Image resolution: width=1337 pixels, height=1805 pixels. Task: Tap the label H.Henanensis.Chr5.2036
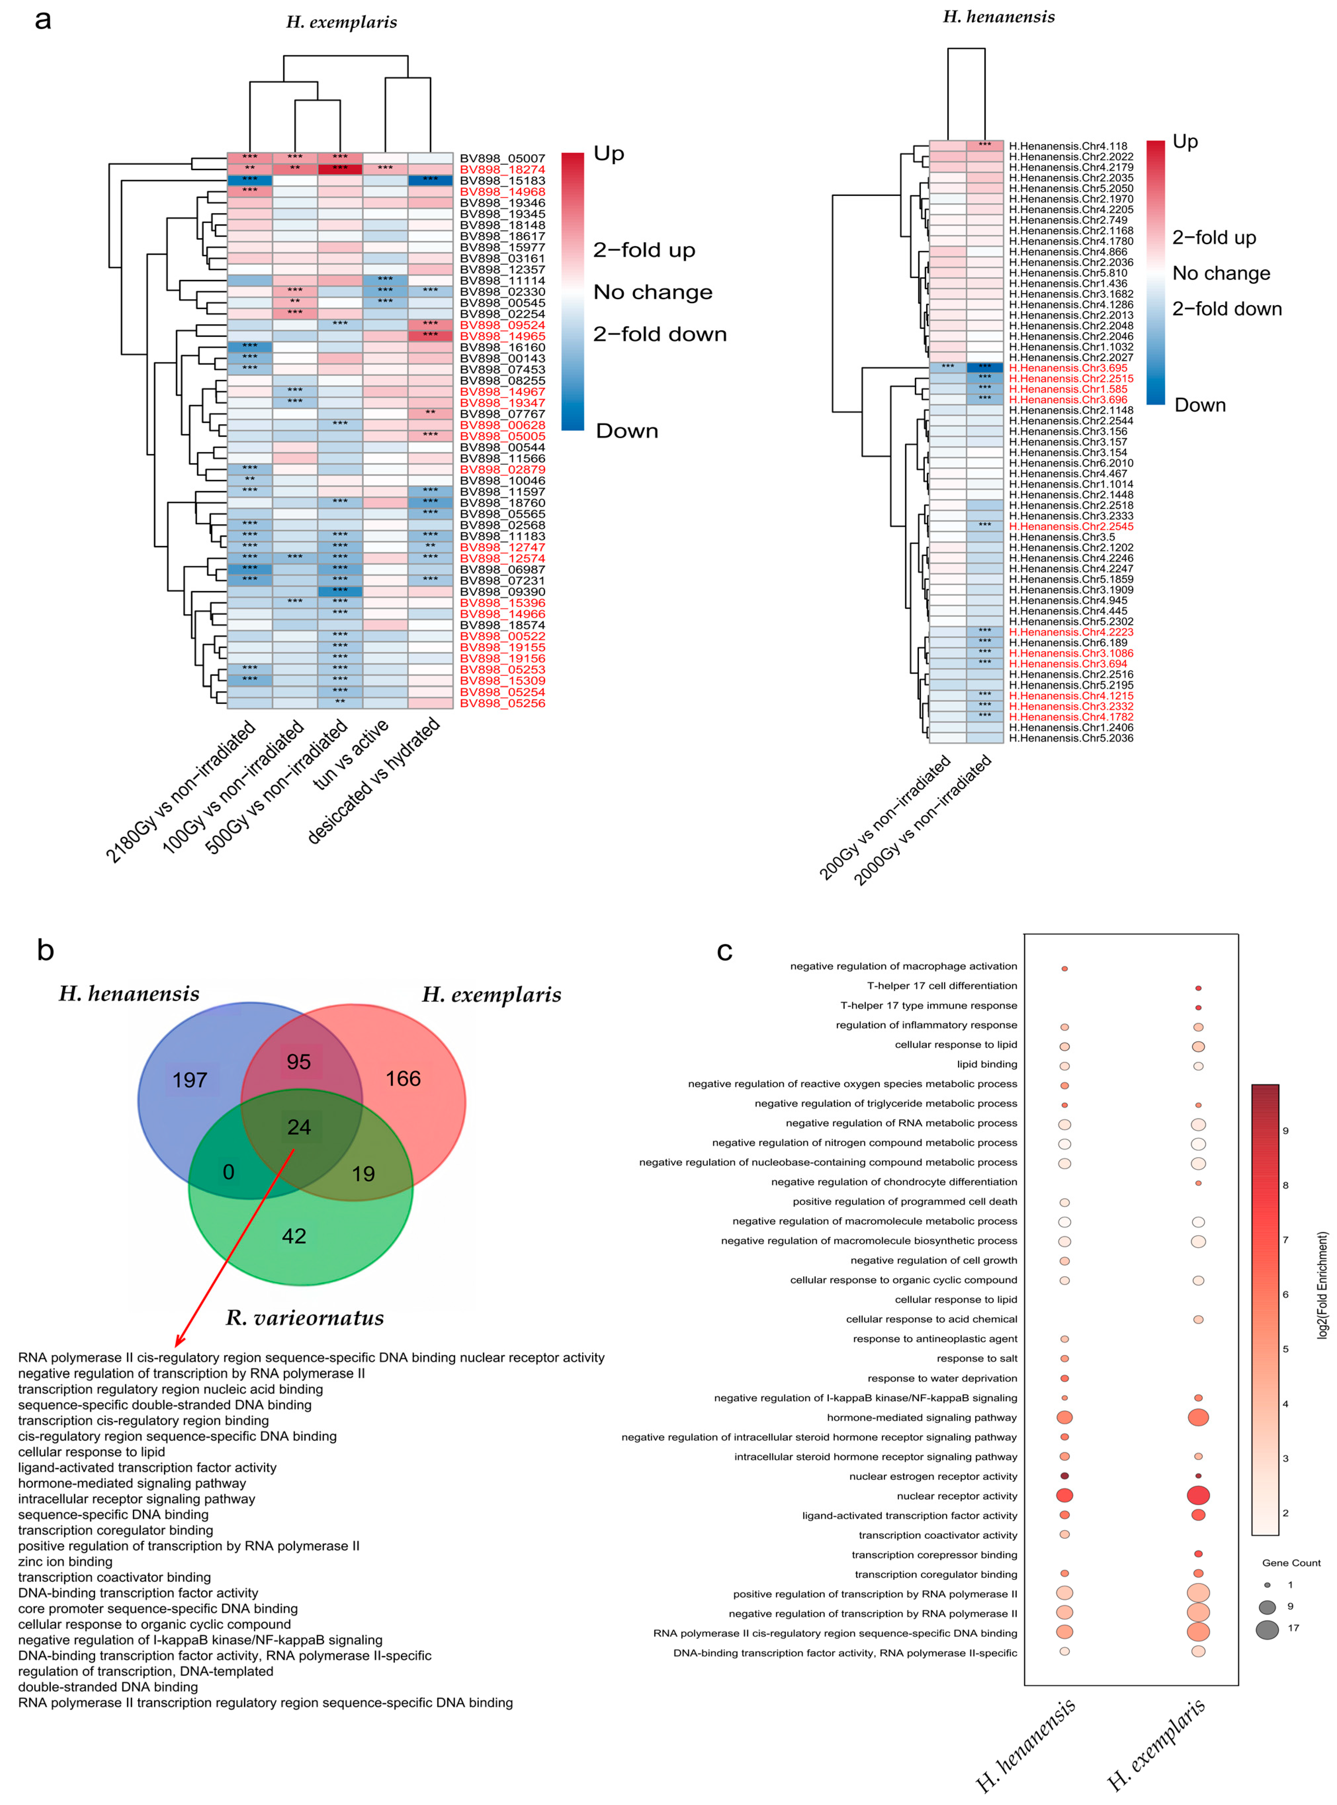[x=1071, y=738]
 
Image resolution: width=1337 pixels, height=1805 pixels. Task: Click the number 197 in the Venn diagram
[x=190, y=1080]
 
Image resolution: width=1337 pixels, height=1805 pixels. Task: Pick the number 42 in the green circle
[x=294, y=1236]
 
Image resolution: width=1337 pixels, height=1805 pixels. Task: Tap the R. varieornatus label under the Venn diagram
[x=305, y=1318]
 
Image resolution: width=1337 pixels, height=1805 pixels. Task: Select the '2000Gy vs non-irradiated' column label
[x=924, y=819]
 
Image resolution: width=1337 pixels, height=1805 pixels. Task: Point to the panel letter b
[x=45, y=949]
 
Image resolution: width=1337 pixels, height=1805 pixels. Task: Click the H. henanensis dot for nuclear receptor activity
[x=1064, y=1496]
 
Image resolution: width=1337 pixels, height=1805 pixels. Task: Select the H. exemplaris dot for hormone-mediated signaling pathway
[x=1198, y=1417]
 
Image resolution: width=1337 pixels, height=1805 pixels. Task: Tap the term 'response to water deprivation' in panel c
[x=942, y=1378]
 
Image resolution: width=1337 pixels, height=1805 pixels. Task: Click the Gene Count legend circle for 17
[x=1268, y=1629]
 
